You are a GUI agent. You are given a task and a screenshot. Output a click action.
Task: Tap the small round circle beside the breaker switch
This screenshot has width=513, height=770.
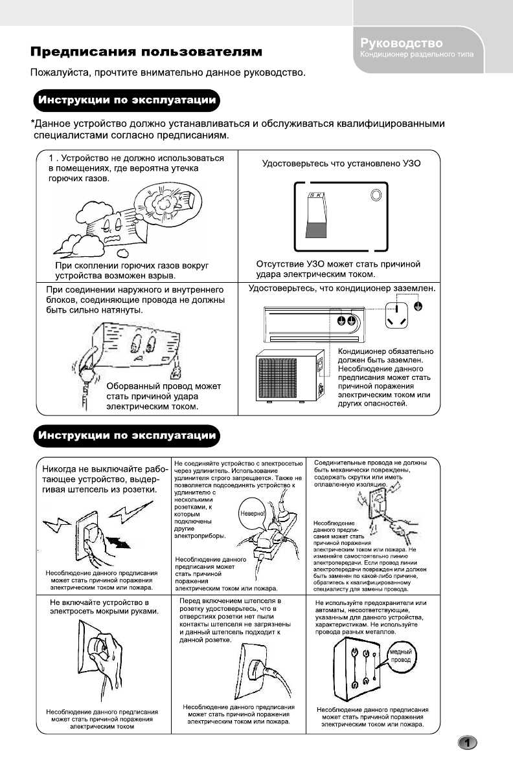pos(375,196)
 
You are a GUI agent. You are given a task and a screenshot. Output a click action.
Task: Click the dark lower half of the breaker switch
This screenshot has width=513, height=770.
pos(316,230)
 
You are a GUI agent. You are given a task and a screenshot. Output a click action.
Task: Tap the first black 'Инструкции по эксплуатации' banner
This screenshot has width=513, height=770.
pos(127,102)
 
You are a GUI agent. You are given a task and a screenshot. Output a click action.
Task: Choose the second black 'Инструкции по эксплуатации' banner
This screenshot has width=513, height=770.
pos(127,435)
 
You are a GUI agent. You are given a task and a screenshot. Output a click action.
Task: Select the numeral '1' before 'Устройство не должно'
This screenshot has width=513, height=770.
pos(52,158)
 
